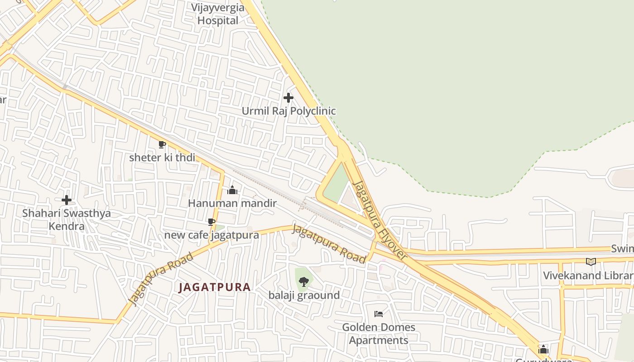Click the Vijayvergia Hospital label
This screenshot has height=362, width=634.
218,14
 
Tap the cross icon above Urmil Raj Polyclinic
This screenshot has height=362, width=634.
288,97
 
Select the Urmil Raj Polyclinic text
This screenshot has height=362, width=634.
288,111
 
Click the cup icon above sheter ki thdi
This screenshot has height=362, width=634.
162,144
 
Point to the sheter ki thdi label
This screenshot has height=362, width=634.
162,157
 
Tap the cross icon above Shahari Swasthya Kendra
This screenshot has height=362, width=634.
67,200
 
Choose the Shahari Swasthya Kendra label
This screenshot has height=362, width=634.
67,219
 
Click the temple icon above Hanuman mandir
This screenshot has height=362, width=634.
232,190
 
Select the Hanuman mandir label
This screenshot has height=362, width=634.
232,203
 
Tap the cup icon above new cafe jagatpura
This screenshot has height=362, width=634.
211,222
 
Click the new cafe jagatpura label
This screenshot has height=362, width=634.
211,235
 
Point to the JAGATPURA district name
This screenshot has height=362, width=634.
215,287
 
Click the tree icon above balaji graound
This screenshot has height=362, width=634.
304,282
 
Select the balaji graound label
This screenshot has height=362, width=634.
304,295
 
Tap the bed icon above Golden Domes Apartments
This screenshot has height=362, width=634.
379,314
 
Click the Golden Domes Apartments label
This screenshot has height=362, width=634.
379,333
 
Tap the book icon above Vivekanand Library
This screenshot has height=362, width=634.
591,262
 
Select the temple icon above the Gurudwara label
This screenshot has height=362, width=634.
543,349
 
